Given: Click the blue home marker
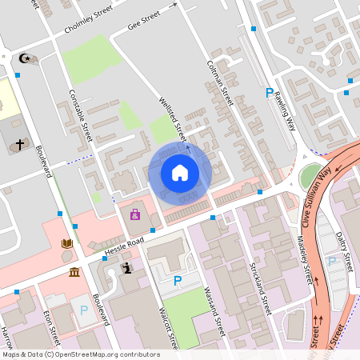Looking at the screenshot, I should (x=180, y=173).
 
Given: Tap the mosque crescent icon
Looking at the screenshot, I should (x=25, y=58).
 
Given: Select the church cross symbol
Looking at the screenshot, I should (x=20, y=146).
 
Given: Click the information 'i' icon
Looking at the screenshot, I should (x=126, y=269).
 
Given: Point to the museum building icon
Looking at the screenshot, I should (x=74, y=272).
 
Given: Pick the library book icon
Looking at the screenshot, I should (x=67, y=243).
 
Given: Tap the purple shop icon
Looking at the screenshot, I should (x=134, y=214).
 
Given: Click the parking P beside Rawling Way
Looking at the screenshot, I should (x=270, y=94).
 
